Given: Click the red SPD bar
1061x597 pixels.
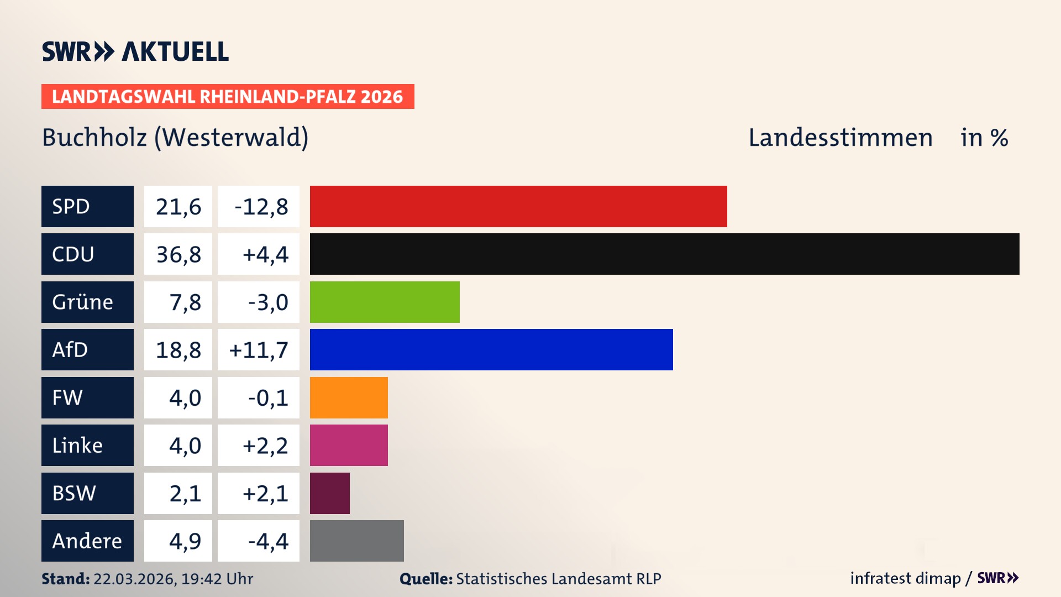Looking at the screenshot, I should [518, 206].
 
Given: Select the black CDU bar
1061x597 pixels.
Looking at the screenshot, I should [664, 254].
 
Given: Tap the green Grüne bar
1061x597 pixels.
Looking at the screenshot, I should [385, 302].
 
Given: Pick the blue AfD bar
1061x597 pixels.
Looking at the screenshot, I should [491, 349].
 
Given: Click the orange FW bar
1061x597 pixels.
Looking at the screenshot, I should [349, 397].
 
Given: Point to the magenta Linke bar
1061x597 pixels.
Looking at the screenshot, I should [349, 445].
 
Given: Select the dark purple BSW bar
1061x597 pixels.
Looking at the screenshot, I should [330, 493].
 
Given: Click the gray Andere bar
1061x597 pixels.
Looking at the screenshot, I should [356, 541].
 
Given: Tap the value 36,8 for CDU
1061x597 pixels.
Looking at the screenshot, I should [178, 254].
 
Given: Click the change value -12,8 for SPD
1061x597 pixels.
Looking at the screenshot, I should [261, 207].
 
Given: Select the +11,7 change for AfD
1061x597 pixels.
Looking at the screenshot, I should [259, 350].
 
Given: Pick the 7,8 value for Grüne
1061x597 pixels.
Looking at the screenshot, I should [185, 302].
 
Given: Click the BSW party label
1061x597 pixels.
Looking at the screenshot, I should [74, 493].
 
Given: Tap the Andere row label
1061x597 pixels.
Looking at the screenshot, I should [87, 541].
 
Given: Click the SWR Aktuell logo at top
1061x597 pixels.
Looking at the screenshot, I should [135, 51].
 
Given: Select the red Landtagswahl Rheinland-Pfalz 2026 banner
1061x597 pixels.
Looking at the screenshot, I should [228, 97].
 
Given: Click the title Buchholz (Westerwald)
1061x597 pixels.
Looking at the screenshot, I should [175, 138].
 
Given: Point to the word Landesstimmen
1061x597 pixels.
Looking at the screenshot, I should [840, 138].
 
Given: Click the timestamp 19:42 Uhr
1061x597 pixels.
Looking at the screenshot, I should [217, 579].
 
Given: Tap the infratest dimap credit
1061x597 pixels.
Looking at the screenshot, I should [905, 578].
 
